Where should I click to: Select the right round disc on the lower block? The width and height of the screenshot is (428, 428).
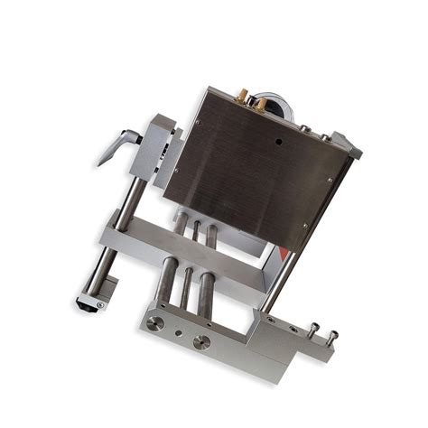coord(202,341)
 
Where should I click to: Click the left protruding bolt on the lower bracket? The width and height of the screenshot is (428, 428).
coord(313,329)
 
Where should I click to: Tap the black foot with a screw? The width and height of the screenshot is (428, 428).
coord(95,305)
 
